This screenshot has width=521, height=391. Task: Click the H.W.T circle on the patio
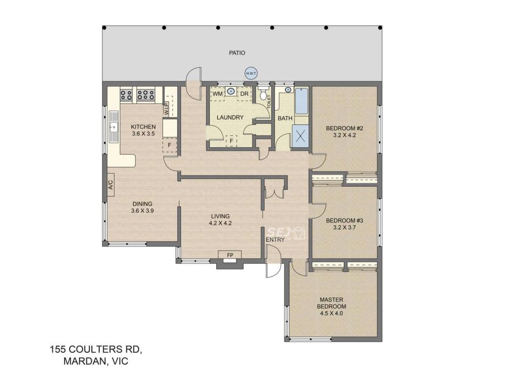point(251,73)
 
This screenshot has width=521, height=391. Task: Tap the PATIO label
point(237,53)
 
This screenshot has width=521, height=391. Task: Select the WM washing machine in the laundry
point(217,94)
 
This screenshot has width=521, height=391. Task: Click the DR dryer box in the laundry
point(244,94)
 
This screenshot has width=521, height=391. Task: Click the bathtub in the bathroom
point(301,101)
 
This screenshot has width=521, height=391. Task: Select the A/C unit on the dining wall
point(110,184)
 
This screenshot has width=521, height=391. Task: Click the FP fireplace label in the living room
point(230,256)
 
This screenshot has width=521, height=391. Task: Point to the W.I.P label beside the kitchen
point(166,109)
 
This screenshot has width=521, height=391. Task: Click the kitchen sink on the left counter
point(113,127)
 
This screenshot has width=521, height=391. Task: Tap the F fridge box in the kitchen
point(169,145)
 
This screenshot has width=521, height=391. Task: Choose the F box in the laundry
point(231,141)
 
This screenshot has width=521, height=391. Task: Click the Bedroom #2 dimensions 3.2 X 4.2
point(344,135)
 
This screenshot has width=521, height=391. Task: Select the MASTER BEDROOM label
point(331,303)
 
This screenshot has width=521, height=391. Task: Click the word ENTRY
point(275,240)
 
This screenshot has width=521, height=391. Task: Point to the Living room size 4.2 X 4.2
point(220,223)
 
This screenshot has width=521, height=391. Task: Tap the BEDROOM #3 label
point(344,220)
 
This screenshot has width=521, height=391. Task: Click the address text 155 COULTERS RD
point(96,350)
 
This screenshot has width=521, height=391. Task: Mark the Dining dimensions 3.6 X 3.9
point(142,210)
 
